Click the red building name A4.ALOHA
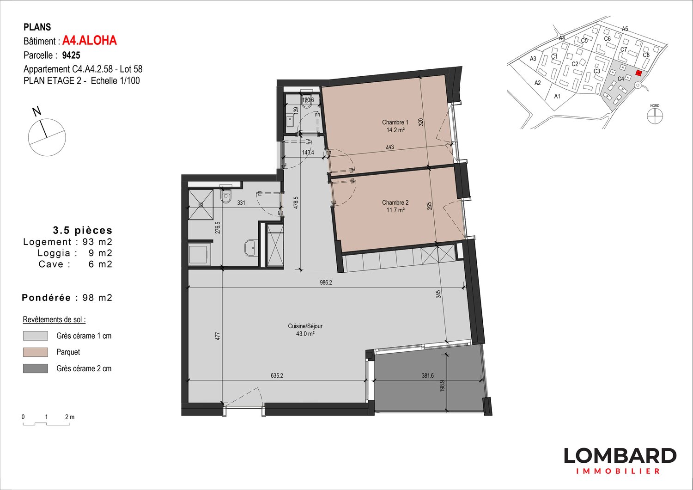(x=90, y=41)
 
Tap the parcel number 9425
(x=71, y=55)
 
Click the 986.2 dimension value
(x=326, y=282)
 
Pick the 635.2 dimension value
(x=277, y=376)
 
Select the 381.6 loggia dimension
(x=428, y=376)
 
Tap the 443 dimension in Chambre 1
(x=390, y=147)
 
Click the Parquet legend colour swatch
(x=36, y=352)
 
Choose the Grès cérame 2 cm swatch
(x=36, y=368)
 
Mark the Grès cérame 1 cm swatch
(x=36, y=336)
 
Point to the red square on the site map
(x=639, y=73)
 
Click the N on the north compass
(x=36, y=111)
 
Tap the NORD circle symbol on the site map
(x=655, y=116)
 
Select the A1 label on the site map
(x=557, y=96)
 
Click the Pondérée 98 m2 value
(x=97, y=298)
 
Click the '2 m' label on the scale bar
(x=70, y=417)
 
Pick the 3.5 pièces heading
(x=83, y=230)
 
